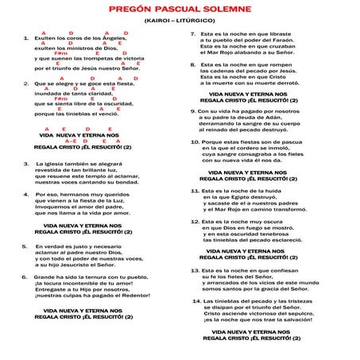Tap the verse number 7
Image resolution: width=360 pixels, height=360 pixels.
tap(193, 35)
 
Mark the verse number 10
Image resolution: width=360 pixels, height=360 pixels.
tap(193, 141)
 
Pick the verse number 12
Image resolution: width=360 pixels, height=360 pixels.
tap(194, 222)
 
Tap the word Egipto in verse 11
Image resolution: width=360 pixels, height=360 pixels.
tap(254, 198)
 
